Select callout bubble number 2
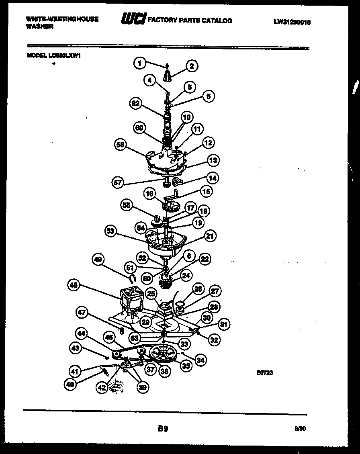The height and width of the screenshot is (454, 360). click(192, 66)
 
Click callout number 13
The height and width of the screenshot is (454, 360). click(213, 161)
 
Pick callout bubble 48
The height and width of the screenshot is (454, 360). click(74, 286)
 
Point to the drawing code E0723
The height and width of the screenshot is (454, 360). click(265, 372)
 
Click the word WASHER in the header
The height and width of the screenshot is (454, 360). click(40, 27)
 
